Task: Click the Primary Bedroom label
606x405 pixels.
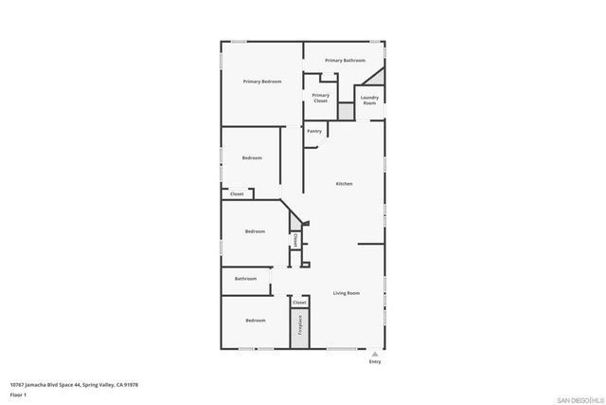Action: coord(262,82)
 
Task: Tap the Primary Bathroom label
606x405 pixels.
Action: coord(346,61)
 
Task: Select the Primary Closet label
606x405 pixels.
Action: coord(321,98)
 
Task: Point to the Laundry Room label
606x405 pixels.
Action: coord(369,100)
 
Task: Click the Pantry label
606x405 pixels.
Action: coord(314,131)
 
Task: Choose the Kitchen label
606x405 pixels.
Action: coord(344,183)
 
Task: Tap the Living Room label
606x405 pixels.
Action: coord(346,293)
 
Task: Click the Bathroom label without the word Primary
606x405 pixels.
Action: coord(246,279)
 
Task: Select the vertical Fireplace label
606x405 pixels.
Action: coord(300,325)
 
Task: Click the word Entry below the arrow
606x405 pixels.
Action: coord(375,361)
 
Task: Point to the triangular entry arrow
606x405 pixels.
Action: coord(375,353)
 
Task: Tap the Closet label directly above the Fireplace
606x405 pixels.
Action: coord(299,303)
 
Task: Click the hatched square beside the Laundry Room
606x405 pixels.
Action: coord(347,111)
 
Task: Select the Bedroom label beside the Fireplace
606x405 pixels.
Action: coord(256,321)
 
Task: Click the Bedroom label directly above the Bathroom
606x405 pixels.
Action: coord(255,231)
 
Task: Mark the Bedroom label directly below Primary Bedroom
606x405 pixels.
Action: coord(252,157)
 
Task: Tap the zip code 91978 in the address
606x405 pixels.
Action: coord(130,384)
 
